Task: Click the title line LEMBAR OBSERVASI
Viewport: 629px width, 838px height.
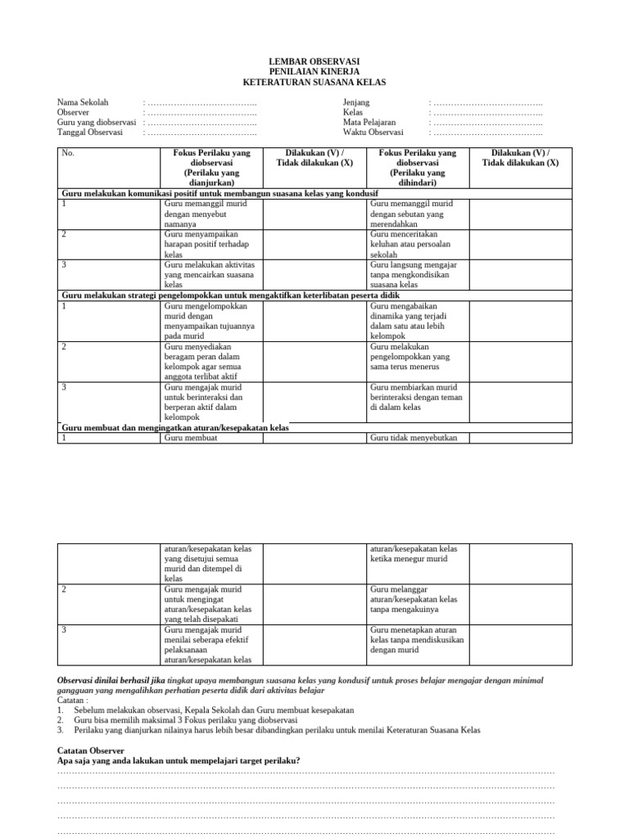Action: (x=314, y=62)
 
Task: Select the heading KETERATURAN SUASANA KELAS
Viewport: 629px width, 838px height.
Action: (x=314, y=83)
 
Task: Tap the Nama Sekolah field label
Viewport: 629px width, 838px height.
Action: (x=82, y=102)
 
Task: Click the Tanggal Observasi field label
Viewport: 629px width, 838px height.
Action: (x=89, y=132)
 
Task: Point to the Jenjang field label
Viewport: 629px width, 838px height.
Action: (x=356, y=102)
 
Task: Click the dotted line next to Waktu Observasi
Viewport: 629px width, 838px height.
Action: (x=488, y=132)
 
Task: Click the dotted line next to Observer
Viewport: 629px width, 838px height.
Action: (x=201, y=112)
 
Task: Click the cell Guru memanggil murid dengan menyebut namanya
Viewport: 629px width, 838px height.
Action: (x=211, y=213)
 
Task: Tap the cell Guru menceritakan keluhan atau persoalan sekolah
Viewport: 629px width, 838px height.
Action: (x=418, y=244)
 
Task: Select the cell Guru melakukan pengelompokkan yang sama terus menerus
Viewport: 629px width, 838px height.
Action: (x=418, y=356)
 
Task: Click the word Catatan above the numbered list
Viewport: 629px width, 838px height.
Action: (x=72, y=701)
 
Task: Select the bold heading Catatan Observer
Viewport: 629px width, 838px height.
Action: (x=91, y=750)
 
